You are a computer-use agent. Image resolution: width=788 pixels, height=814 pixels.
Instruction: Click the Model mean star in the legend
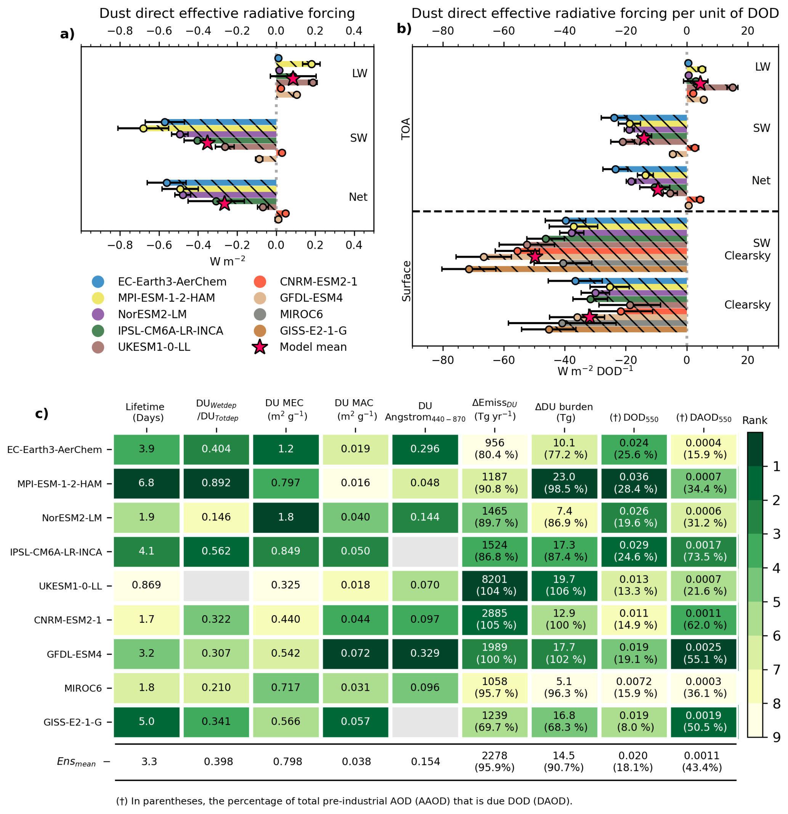pyautogui.click(x=260, y=347)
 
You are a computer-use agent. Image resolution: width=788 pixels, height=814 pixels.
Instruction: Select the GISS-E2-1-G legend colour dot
pyautogui.click(x=260, y=331)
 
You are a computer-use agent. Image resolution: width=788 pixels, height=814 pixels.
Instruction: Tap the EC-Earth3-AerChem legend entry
pyautogui.click(x=172, y=282)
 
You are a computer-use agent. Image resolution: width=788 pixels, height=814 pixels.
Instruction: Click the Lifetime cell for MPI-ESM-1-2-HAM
pyautogui.click(x=146, y=483)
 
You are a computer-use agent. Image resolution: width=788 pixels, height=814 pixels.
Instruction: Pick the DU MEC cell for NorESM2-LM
pyautogui.click(x=286, y=517)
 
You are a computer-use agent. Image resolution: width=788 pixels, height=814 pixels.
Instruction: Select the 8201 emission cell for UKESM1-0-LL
pyautogui.click(x=494, y=585)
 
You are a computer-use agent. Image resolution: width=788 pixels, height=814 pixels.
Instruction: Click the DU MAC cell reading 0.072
pyautogui.click(x=356, y=653)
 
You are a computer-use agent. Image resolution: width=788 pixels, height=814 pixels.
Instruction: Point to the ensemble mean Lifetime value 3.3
pyautogui.click(x=149, y=762)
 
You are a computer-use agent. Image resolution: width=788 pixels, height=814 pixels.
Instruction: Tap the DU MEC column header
pyautogui.click(x=286, y=409)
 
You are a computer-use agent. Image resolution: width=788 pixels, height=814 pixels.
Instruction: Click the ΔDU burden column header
pyautogui.click(x=564, y=413)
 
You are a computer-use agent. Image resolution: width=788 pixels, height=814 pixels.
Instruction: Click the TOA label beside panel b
pyautogui.click(x=406, y=129)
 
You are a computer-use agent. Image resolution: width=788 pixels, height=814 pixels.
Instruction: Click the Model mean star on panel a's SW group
pyautogui.click(x=207, y=143)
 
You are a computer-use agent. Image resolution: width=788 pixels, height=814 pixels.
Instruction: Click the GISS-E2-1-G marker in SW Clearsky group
pyautogui.click(x=469, y=269)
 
